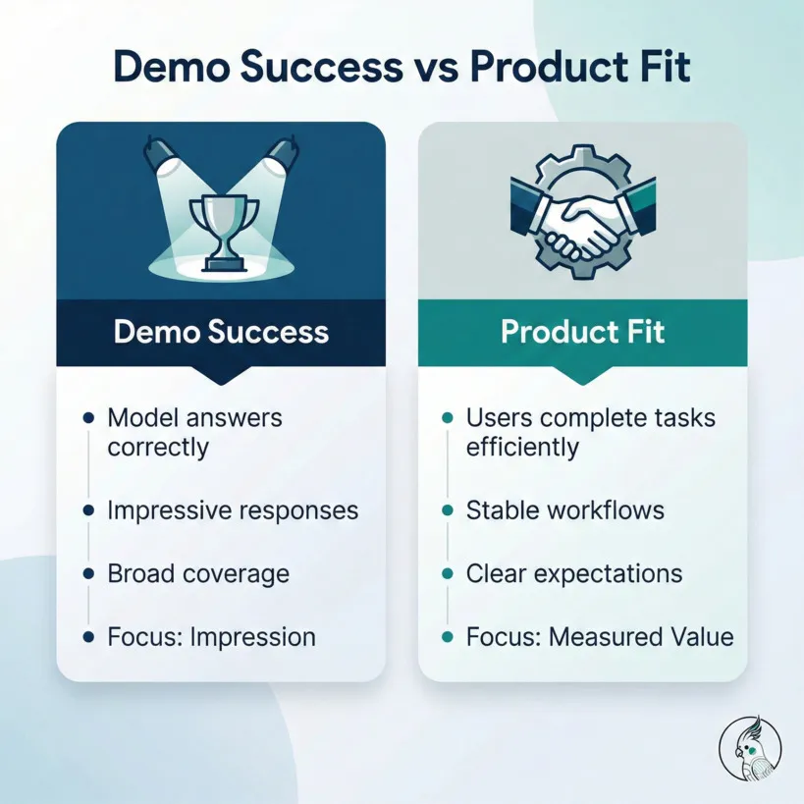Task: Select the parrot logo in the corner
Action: coord(750,749)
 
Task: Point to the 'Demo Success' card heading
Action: coord(221,331)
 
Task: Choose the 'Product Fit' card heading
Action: coord(582,331)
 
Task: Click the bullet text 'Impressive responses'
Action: coord(233,510)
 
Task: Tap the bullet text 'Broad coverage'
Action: coord(198,573)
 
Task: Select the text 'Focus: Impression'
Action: coord(211,636)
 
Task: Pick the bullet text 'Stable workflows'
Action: coord(564,510)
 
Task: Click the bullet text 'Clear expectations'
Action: coord(574,573)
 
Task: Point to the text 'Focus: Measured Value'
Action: coord(600,636)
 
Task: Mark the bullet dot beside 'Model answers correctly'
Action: coord(88,417)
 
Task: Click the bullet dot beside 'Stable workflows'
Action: coord(448,510)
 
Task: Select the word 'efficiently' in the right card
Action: coord(522,449)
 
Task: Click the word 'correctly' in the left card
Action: coord(158,449)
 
